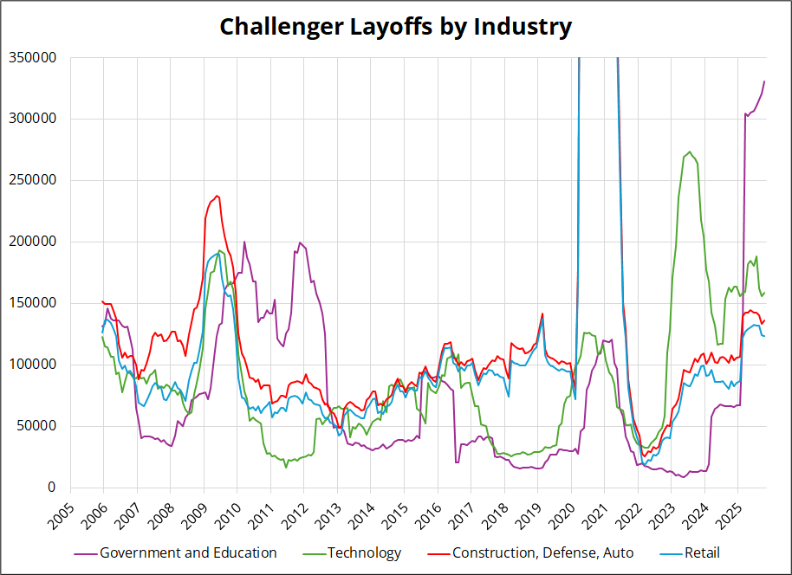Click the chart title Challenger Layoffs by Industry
tap(395, 26)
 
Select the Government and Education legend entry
tap(188, 552)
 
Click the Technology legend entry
tap(364, 552)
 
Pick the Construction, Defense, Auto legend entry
tap(542, 552)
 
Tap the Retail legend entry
tap(702, 552)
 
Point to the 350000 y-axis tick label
tap(32, 58)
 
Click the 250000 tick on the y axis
tap(32, 181)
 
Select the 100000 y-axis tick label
tap(32, 365)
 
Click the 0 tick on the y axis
tap(52, 488)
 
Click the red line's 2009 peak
tap(217, 196)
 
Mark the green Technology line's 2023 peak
tap(689, 152)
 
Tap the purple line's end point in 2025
tap(764, 81)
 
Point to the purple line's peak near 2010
tap(244, 242)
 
